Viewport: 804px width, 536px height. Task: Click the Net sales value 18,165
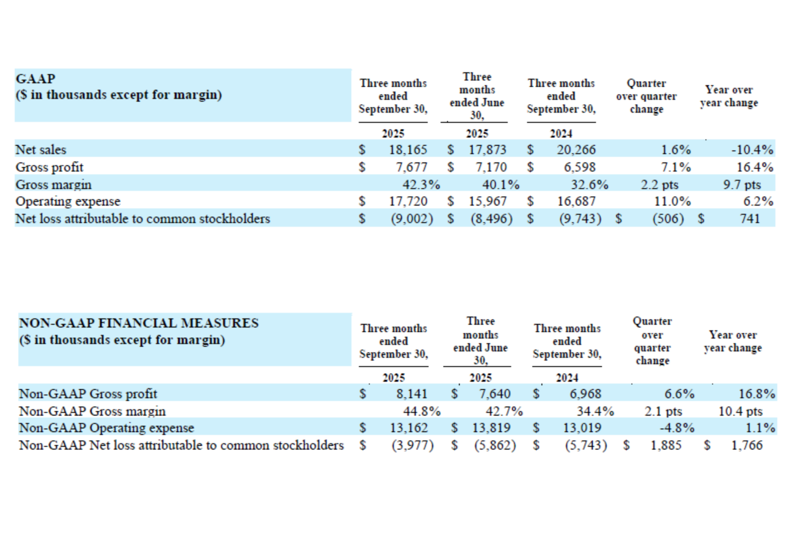click(407, 150)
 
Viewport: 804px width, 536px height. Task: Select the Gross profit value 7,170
click(491, 167)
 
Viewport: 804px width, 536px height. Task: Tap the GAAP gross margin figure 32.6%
click(589, 185)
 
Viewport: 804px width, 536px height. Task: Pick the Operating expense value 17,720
click(407, 201)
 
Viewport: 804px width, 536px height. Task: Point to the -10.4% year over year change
click(752, 150)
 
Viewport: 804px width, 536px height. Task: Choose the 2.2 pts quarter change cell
click(659, 185)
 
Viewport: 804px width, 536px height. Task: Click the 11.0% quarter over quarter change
click(672, 201)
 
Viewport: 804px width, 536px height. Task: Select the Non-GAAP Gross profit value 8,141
click(411, 393)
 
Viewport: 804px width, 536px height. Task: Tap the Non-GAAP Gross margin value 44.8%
click(422, 411)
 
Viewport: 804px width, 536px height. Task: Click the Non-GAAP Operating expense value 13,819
click(491, 428)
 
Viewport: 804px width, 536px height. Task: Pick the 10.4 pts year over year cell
click(740, 411)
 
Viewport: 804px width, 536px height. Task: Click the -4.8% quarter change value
click(677, 428)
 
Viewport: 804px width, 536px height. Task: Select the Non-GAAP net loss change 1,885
click(666, 445)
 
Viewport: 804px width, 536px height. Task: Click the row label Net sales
click(41, 150)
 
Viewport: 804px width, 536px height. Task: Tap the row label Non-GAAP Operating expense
click(106, 428)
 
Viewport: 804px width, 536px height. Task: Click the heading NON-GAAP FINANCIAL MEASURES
click(139, 323)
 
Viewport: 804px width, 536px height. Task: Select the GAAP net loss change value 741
click(750, 219)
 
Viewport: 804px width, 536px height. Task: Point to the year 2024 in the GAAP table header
click(561, 134)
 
